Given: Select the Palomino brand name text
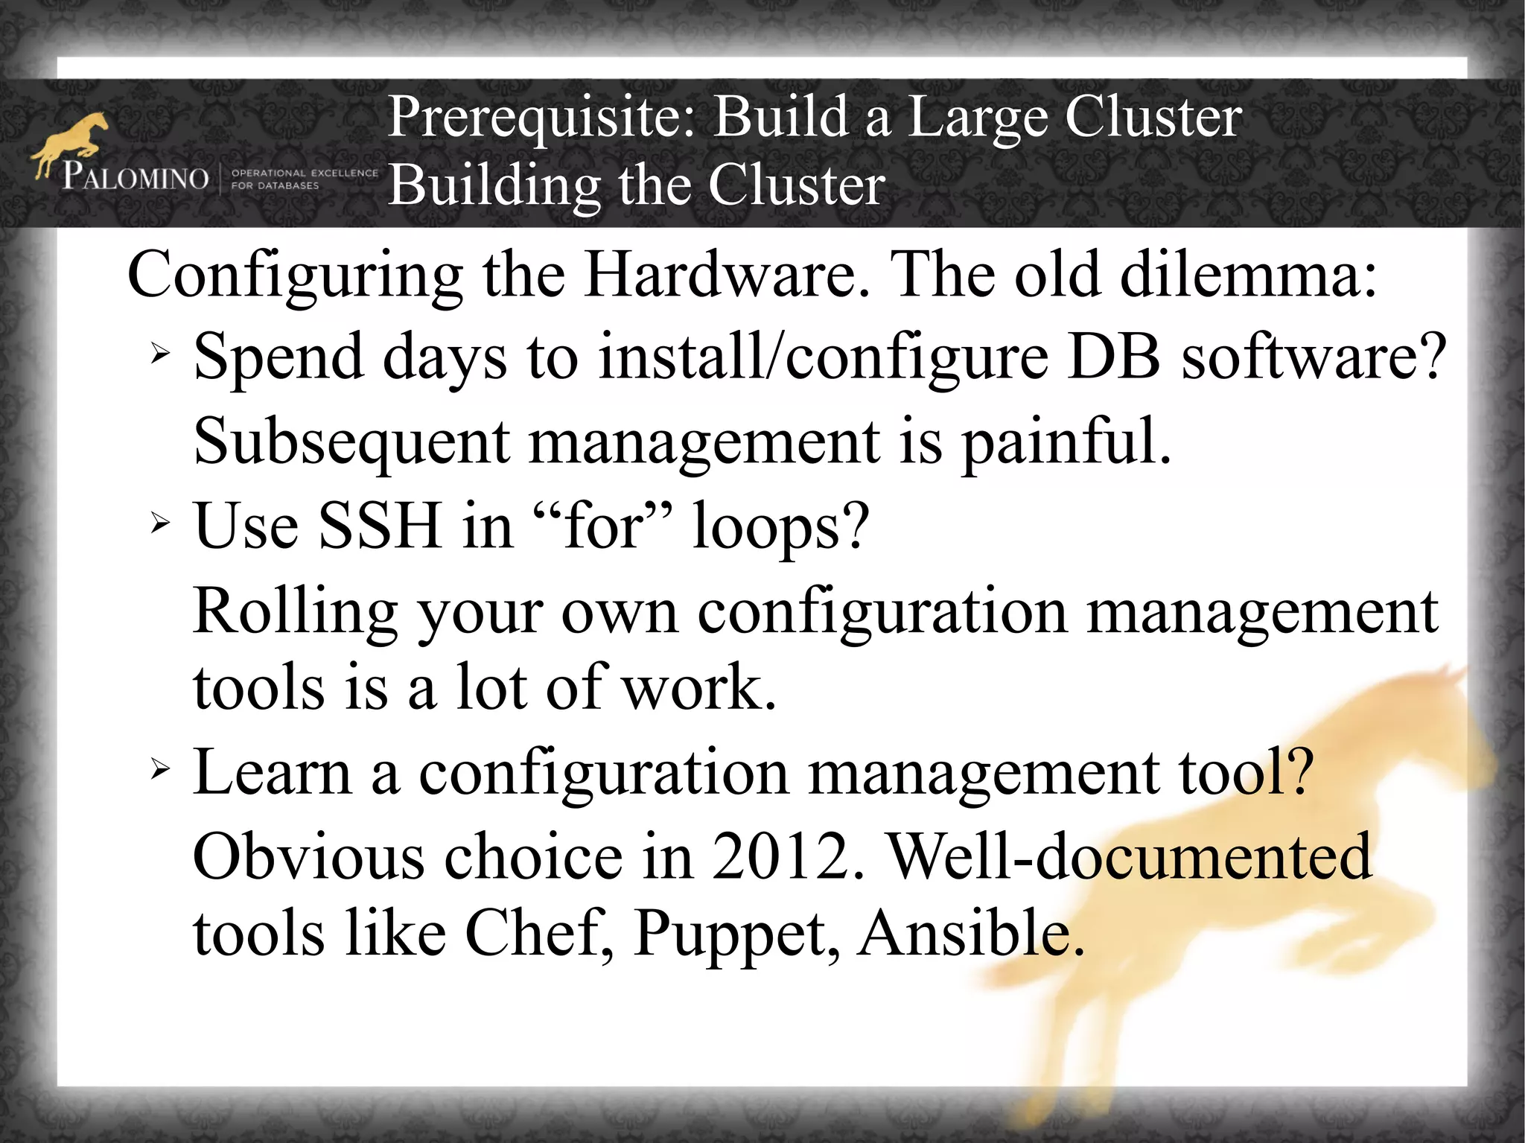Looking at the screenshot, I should click(x=136, y=178).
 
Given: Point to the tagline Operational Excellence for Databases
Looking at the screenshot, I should click(x=304, y=179).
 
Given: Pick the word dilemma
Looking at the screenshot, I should click(x=1248, y=276).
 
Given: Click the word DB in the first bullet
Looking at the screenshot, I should click(x=1113, y=357).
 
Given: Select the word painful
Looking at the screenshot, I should click(x=1066, y=442).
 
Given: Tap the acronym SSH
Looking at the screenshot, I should click(x=381, y=526).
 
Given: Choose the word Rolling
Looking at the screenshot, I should click(x=295, y=612).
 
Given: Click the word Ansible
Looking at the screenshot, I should click(x=970, y=934).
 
